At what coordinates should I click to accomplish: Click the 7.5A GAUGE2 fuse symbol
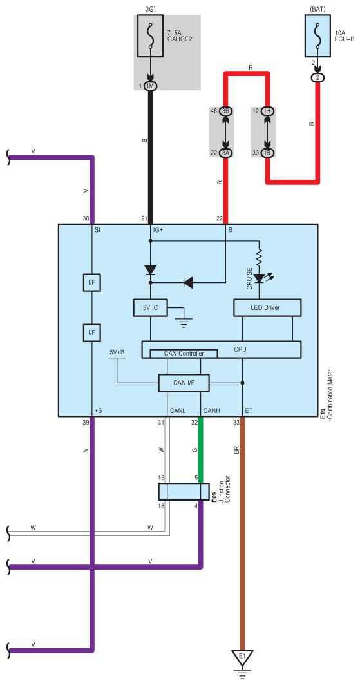[151, 36]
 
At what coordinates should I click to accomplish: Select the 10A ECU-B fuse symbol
[317, 36]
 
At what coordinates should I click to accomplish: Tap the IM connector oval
[151, 86]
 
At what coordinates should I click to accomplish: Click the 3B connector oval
[226, 111]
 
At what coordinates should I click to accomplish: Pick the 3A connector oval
[226, 153]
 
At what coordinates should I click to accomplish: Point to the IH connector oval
[267, 111]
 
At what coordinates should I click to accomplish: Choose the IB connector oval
[267, 153]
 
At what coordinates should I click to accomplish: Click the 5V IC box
[150, 308]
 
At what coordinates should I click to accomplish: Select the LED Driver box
[267, 308]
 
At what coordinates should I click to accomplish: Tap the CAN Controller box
[184, 354]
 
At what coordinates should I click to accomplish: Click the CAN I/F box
[184, 383]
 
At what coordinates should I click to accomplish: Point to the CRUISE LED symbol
[259, 278]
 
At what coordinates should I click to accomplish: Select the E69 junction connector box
[184, 492]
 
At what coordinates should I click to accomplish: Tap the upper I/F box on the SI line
[91, 283]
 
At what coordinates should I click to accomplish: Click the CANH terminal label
[211, 410]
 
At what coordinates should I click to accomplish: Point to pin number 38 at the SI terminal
[86, 218]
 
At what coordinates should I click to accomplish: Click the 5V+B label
[117, 352]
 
